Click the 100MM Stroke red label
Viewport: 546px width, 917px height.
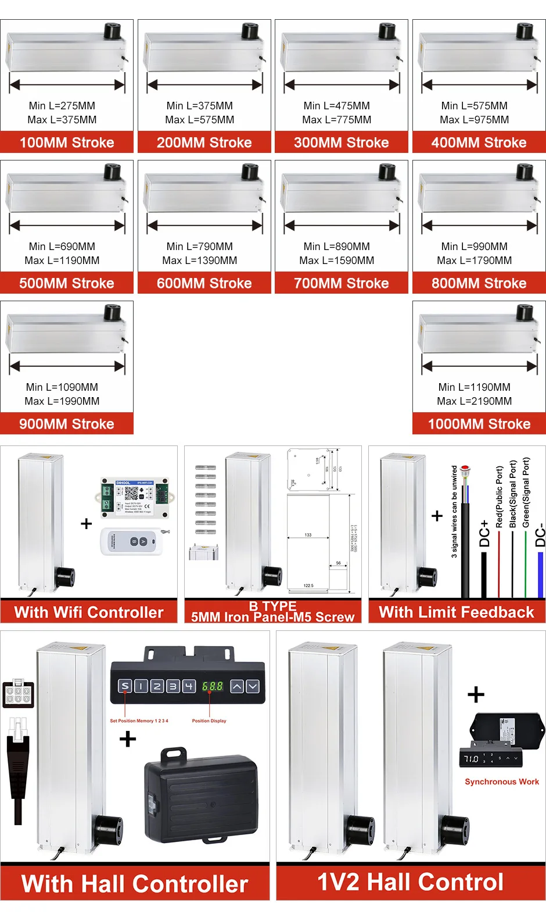(x=67, y=142)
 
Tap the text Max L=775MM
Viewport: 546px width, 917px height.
(x=337, y=120)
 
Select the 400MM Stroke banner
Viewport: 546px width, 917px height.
(x=479, y=142)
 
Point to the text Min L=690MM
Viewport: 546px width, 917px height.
(x=62, y=247)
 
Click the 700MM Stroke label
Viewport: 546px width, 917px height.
(x=342, y=283)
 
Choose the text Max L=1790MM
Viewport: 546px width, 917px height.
(x=475, y=261)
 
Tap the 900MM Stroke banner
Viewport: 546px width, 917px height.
(x=67, y=424)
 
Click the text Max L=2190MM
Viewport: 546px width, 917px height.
(x=475, y=401)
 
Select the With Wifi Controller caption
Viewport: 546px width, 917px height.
(x=89, y=612)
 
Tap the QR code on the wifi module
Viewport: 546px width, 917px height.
(x=131, y=493)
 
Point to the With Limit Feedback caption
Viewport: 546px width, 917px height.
(x=457, y=612)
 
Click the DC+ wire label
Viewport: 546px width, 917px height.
(x=484, y=534)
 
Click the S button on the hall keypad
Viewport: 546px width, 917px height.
(x=125, y=686)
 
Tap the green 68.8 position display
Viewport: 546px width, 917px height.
(x=213, y=686)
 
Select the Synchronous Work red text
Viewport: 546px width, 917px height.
(x=502, y=782)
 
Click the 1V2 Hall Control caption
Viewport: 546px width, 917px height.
(x=411, y=882)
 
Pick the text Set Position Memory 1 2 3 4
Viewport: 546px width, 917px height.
(x=139, y=720)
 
